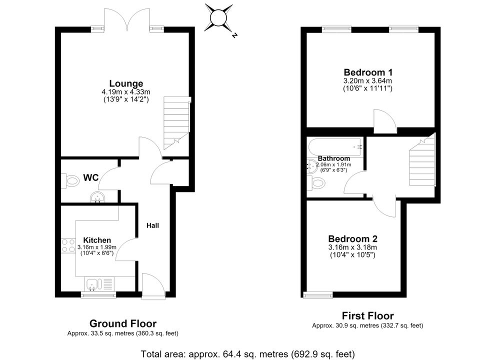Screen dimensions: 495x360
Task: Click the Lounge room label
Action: coord(126,83)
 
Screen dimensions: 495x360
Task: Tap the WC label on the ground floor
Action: coord(91,177)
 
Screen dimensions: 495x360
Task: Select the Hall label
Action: coord(152,225)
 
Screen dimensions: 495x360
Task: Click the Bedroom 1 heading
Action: coord(368,72)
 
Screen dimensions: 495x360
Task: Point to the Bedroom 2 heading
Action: coord(352,238)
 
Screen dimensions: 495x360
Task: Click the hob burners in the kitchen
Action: coord(68,245)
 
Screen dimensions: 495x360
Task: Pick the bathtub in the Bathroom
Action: coord(335,146)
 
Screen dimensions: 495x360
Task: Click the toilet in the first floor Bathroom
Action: coord(316,183)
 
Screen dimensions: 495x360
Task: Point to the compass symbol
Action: coord(219,17)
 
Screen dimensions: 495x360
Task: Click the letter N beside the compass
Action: coord(234,35)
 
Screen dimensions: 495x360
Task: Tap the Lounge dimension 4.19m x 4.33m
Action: coord(126,92)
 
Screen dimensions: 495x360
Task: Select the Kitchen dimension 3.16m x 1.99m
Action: coord(97,247)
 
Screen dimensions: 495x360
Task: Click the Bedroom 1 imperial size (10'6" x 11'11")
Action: coord(368,88)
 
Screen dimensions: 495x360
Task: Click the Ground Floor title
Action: coord(123,323)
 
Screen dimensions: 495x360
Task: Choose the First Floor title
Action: coord(368,316)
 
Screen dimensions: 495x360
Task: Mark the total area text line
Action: coord(248,354)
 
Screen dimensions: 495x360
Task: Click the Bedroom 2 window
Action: coord(318,295)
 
